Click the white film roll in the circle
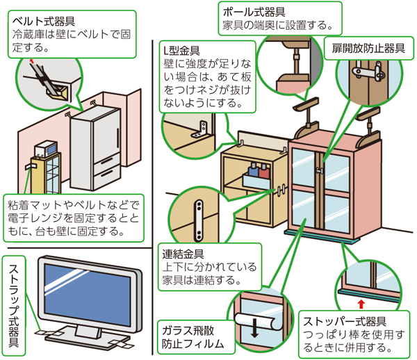pos(257,320)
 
